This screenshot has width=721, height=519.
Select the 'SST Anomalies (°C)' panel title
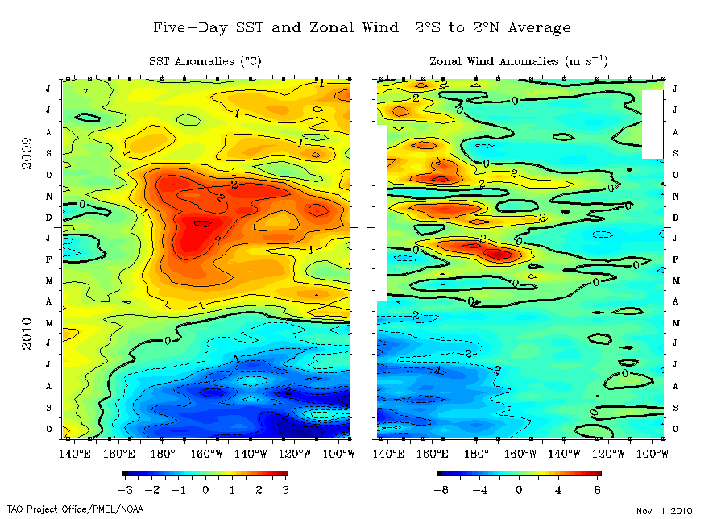pos(205,61)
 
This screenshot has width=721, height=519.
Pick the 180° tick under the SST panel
pos(162,454)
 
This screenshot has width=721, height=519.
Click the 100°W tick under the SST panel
pos(338,454)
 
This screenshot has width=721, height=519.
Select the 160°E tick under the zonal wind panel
pos(432,454)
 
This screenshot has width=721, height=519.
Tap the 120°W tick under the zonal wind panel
pos(607,454)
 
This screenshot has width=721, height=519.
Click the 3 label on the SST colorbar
pos(285,490)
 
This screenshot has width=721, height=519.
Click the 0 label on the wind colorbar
pos(519,490)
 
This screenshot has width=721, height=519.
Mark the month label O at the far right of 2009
pos(675,175)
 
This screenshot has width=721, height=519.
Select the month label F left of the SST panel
pos(48,260)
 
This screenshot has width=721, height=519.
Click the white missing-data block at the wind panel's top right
pos(653,123)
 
